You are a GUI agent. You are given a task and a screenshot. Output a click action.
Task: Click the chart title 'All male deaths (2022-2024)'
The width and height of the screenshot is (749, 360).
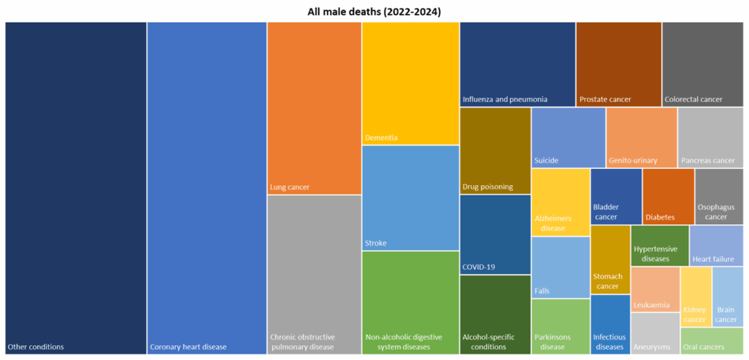coord(374,11)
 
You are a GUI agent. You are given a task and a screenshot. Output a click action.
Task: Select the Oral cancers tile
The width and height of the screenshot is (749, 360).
coord(712,341)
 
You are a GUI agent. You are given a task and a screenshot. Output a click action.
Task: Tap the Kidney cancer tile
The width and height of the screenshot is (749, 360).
coord(695,296)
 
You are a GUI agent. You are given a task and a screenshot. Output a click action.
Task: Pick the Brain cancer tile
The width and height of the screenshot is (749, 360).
coord(727,296)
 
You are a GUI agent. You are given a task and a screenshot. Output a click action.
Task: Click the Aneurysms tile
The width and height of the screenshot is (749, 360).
coord(655,334)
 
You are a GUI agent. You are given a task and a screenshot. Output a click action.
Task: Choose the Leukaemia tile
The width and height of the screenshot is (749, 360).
coord(655,289)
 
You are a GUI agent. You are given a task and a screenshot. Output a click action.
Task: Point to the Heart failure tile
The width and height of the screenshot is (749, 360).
coord(716,245)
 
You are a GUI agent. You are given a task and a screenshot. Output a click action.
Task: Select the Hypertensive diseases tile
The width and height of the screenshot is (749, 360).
coord(659,245)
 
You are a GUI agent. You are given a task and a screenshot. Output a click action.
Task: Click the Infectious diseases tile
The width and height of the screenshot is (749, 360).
coord(609,324)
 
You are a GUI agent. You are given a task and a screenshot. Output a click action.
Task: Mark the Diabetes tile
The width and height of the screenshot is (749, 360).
coord(668,196)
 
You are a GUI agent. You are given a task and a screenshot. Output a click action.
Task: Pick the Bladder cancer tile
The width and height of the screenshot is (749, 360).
coord(616,196)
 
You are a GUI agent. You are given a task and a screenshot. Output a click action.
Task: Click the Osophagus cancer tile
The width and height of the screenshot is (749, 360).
coord(719,196)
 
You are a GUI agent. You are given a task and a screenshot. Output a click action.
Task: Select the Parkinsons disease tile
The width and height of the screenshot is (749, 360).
coord(560,326)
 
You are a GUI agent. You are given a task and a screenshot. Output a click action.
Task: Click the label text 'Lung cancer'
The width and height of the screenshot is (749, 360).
coord(290,187)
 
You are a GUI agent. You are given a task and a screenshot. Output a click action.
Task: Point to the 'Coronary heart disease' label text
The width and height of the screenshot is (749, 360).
coord(188,347)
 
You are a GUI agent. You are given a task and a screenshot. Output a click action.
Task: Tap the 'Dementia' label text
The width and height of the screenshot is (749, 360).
coord(381,138)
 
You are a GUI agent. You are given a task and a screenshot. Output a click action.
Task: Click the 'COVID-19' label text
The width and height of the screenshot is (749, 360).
coord(478,267)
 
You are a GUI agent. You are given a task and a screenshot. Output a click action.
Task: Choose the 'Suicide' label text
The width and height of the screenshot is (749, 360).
coord(546,160)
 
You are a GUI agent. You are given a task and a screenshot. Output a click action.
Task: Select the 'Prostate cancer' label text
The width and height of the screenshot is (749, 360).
coord(605,100)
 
